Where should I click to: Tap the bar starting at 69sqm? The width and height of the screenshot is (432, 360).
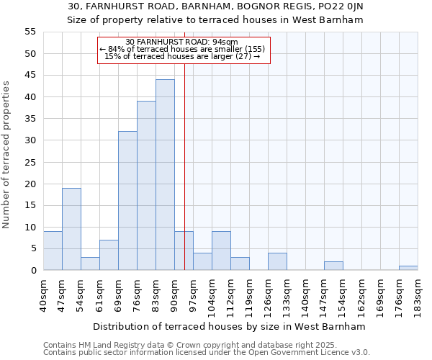[x=127, y=201]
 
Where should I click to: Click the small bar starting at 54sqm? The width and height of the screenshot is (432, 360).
[x=90, y=264]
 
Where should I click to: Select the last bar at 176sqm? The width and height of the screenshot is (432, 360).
[x=408, y=268]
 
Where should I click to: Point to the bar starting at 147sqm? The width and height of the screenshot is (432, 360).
[x=333, y=266]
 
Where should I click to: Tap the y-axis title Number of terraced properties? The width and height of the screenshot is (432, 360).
[x=6, y=154]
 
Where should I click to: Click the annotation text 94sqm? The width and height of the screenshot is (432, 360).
[x=226, y=42]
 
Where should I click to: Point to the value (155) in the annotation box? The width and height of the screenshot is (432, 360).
[x=253, y=49]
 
